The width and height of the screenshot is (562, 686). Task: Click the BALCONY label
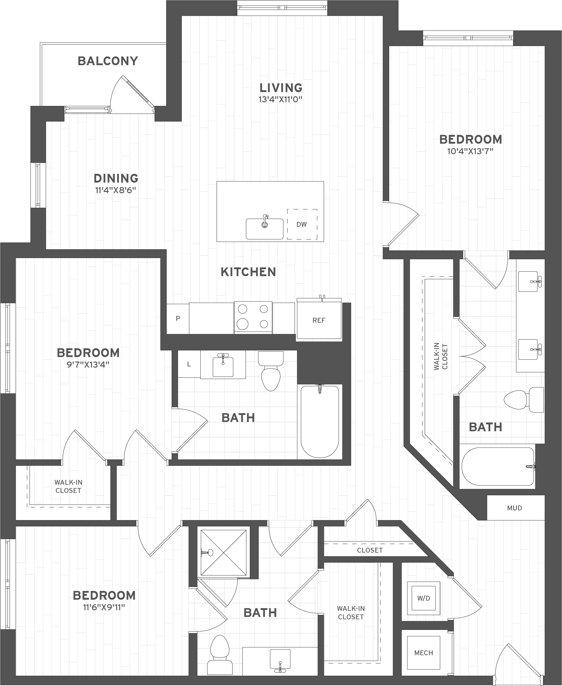(108, 61)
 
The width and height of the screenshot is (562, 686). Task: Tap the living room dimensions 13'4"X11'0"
(280, 99)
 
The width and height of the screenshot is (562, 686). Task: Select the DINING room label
(116, 178)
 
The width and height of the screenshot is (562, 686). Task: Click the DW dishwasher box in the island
(302, 224)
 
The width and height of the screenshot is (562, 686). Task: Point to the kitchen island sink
(265, 229)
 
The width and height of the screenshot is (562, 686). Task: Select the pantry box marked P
(178, 318)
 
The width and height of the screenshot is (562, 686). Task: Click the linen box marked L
(189, 364)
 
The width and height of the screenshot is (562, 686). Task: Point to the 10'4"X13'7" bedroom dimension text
(470, 151)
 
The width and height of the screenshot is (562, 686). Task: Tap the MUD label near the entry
(514, 508)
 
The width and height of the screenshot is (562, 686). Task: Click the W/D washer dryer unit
(424, 598)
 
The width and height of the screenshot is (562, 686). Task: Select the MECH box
(424, 652)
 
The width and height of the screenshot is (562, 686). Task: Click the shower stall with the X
(223, 553)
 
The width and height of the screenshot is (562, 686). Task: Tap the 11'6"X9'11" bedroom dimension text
(104, 607)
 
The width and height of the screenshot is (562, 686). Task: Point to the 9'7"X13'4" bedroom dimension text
(88, 365)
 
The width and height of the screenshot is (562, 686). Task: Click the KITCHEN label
(248, 272)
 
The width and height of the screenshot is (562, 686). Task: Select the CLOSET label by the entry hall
(370, 550)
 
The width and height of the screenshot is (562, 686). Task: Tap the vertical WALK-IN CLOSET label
(441, 356)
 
